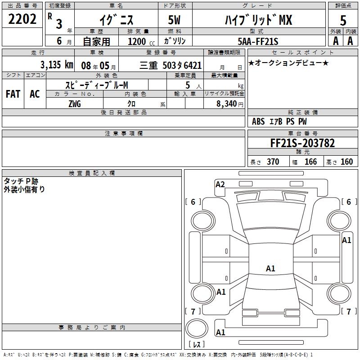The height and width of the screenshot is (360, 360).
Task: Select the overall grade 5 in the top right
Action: tap(343, 20)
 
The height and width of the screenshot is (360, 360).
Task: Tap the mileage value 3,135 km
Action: tap(57, 64)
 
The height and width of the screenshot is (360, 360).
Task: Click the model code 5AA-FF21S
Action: tap(258, 41)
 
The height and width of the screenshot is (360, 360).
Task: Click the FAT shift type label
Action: tap(13, 94)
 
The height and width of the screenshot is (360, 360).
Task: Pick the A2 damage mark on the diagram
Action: tap(220, 184)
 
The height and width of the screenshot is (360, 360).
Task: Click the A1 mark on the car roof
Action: tap(270, 269)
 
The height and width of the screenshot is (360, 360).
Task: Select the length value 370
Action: tap(273, 162)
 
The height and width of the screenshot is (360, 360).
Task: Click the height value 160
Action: tap(346, 162)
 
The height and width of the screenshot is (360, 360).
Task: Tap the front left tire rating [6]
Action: tap(193, 202)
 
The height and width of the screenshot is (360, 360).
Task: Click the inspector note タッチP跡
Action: tap(21, 181)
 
